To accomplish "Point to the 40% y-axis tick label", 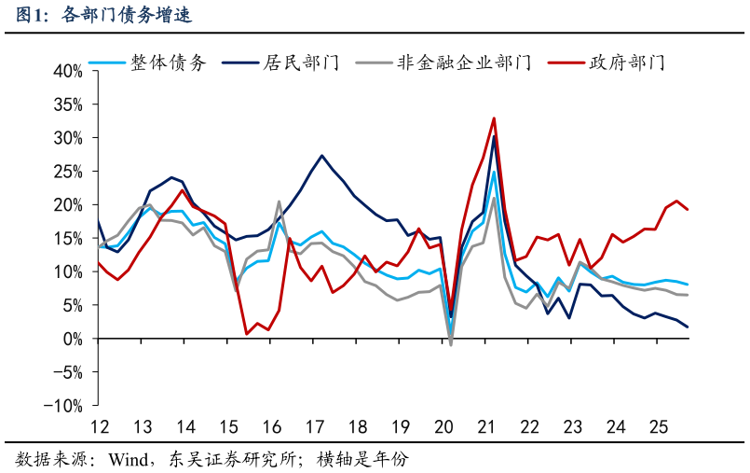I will coord(68,71).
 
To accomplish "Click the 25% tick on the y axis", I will coord(68,172).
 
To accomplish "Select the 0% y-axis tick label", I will coord(73,339).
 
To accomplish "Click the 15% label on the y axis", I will coord(68,239).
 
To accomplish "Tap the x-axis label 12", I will coord(99,427).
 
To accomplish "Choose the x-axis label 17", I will coord(314,427).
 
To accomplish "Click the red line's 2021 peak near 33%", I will coord(494,118).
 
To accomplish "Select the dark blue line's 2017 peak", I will coord(321,156).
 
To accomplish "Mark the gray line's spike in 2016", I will coord(279,202).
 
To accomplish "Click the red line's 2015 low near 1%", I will coord(247,333).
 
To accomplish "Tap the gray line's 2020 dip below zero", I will coord(451,345).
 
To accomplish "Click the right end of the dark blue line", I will coord(688,327).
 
